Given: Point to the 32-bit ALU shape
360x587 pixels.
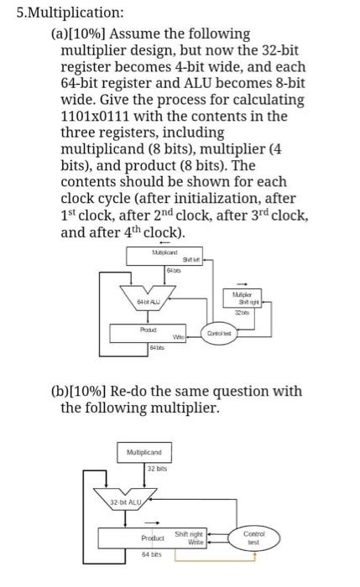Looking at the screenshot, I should click(x=128, y=501).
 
